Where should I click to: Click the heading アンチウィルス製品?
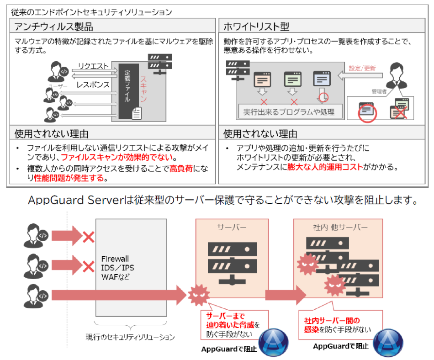click(x=54, y=26)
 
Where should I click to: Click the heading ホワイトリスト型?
click(x=256, y=26)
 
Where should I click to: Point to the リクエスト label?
click(x=93, y=67)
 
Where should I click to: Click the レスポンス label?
click(x=93, y=85)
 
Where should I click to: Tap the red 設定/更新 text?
click(x=362, y=68)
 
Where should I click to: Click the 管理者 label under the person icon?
click(x=378, y=92)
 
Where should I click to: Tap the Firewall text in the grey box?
click(x=115, y=259)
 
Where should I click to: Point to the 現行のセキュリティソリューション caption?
click(x=130, y=337)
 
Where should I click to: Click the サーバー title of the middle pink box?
click(x=232, y=227)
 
